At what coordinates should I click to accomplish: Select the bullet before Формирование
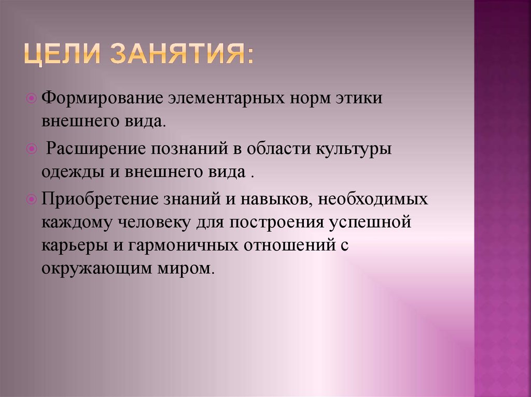coord(31,97)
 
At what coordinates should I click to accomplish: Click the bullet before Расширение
coord(31,149)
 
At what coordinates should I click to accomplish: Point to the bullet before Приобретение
coord(31,199)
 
